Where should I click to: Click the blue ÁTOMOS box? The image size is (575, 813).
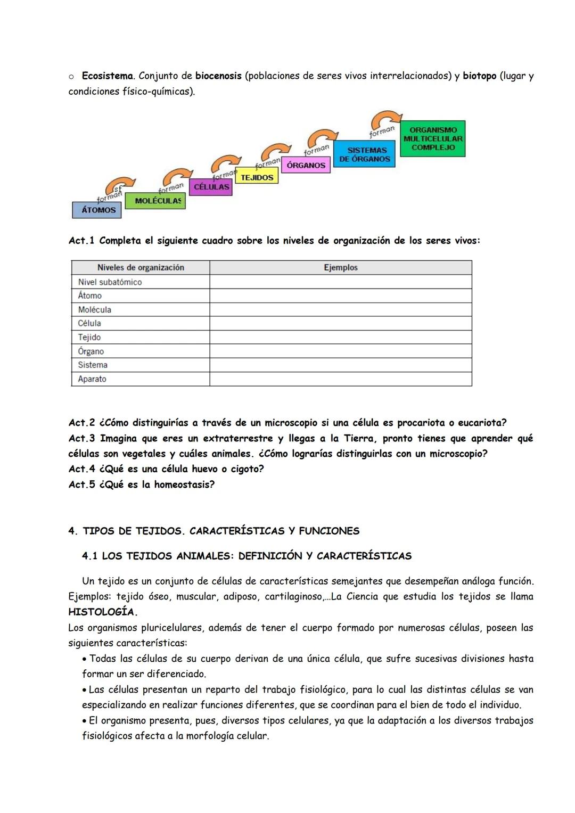point(97,210)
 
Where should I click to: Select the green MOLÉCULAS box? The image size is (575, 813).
point(155,201)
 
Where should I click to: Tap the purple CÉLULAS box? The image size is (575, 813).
point(211,187)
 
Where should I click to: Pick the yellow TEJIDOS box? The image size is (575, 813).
point(257,177)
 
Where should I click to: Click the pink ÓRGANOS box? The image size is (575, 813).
point(306,165)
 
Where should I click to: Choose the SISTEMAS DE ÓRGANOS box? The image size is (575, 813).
point(365,154)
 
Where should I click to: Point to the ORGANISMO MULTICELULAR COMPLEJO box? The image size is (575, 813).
point(432,139)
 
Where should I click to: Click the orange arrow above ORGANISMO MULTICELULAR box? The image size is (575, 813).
point(387,118)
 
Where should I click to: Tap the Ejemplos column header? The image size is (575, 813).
point(341,267)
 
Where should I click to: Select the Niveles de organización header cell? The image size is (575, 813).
point(141,267)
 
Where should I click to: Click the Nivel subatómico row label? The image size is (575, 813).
point(110,282)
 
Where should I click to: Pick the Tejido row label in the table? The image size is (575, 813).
point(89,337)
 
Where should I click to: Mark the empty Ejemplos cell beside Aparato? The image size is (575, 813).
point(341,379)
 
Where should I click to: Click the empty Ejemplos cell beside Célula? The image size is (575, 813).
point(341,323)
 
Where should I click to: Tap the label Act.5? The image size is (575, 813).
point(81,484)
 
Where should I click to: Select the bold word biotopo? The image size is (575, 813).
point(479,76)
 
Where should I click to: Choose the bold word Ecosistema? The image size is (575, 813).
point(107,76)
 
